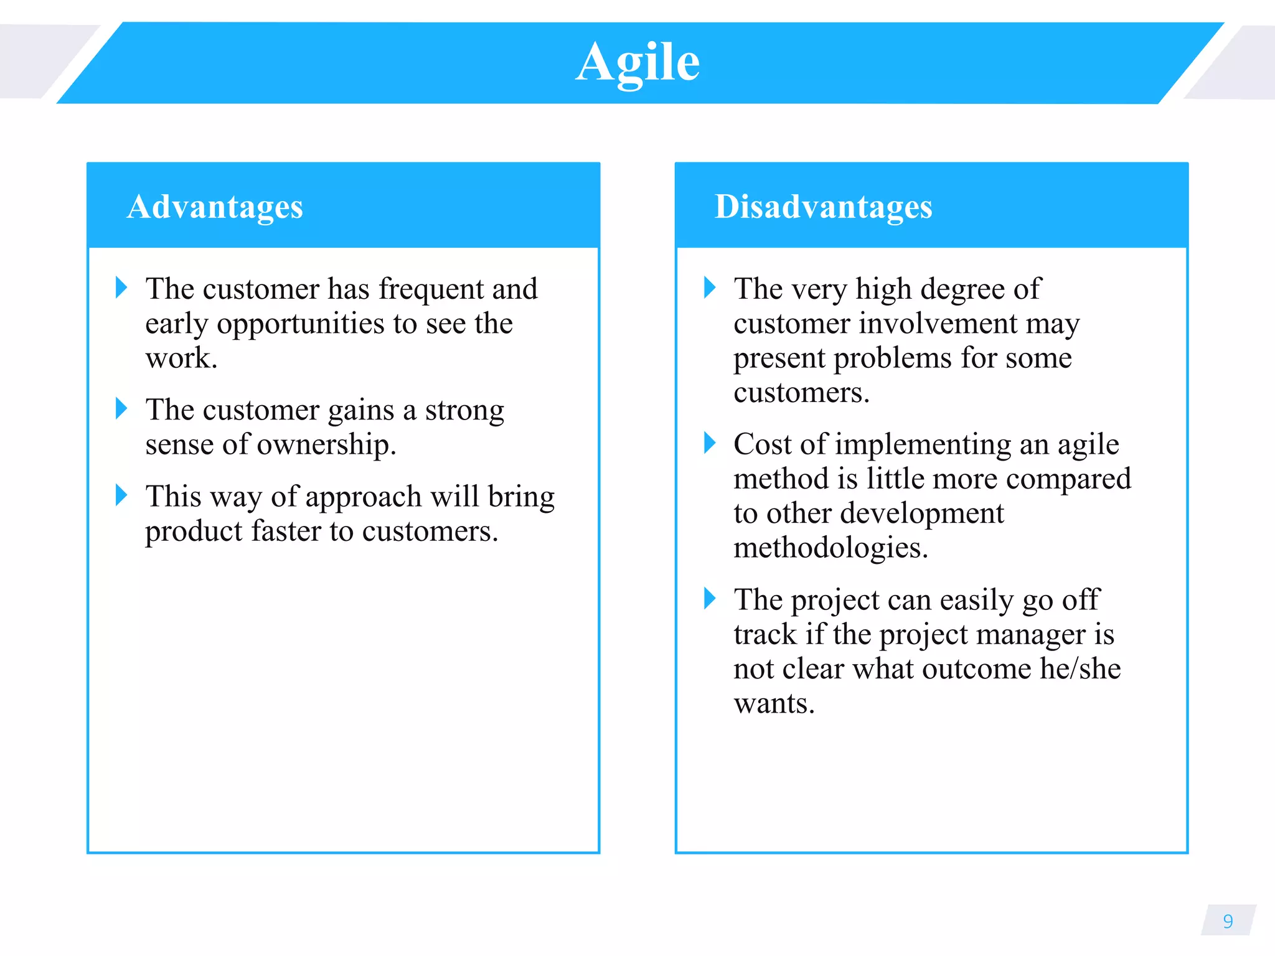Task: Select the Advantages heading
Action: click(215, 207)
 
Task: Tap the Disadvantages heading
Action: click(823, 207)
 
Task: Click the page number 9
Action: click(1228, 921)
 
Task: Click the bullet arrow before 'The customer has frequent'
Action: click(121, 288)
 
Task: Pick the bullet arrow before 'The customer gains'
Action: click(121, 409)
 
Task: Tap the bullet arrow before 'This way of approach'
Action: click(121, 495)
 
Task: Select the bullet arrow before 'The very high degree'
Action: click(710, 288)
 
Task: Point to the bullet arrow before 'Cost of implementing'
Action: click(710, 443)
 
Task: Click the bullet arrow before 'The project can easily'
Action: click(710, 599)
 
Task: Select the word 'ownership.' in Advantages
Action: click(326, 445)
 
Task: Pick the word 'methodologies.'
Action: click(830, 548)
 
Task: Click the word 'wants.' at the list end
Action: click(774, 704)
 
